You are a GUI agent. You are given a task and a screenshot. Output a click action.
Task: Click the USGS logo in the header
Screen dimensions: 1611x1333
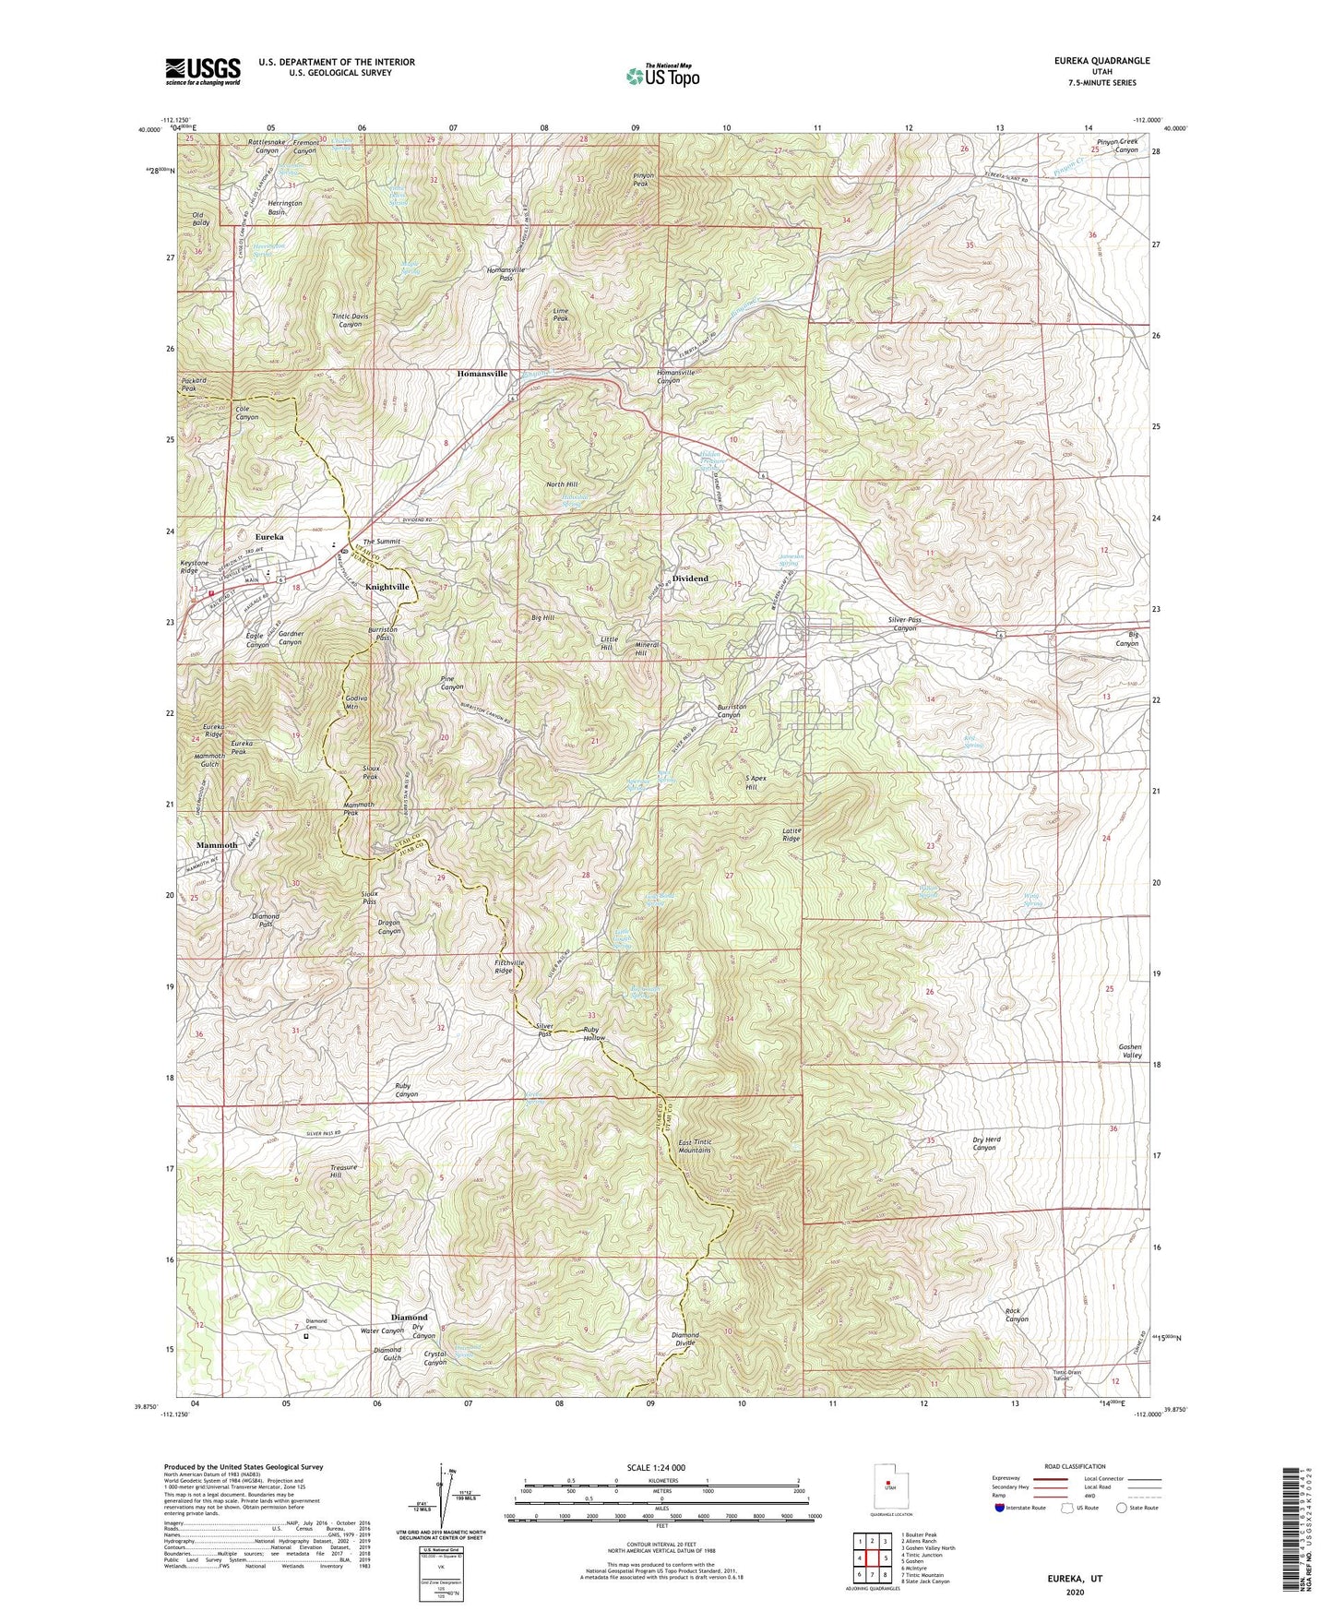coord(202,71)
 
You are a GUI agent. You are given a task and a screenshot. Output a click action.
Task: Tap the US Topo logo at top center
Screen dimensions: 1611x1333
coord(661,76)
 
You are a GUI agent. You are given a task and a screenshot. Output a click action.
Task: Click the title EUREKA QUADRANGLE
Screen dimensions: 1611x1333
coord(1097,60)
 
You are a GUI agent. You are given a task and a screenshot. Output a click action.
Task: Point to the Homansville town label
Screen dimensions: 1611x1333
coord(482,374)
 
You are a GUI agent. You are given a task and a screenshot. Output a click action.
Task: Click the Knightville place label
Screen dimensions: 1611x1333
coord(387,587)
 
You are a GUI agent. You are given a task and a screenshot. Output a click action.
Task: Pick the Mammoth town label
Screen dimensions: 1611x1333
coord(217,845)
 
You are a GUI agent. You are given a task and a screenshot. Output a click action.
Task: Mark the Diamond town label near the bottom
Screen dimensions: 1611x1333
coord(409,1317)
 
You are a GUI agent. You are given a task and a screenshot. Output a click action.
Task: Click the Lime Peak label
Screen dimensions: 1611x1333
coord(560,316)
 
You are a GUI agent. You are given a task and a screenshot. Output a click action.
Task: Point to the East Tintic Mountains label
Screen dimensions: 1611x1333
coord(695,1146)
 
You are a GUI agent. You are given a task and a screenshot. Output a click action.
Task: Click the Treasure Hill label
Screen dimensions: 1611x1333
coord(348,1171)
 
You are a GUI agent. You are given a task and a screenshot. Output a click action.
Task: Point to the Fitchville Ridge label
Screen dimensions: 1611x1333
coord(516,966)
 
